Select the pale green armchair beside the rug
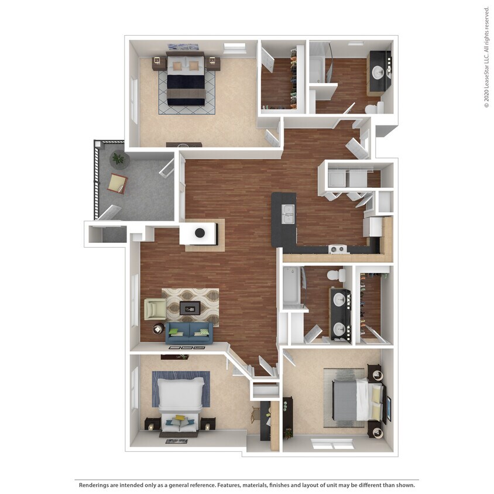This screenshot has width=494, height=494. pos(155,308)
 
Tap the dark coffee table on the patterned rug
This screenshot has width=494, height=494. pos(190,307)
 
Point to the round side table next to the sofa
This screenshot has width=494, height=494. pos(159,329)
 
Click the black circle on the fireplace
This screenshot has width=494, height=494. pos(200,233)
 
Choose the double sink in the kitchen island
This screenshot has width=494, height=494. pos(287,214)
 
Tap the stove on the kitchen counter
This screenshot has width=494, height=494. pos(337,249)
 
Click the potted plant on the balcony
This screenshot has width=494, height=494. pos(119,158)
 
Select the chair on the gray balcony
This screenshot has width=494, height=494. pos(118,184)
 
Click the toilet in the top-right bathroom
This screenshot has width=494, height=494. pos(373,108)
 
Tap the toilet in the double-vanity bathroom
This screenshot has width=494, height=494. pos(335,275)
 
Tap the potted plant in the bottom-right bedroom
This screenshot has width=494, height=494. pos(287,434)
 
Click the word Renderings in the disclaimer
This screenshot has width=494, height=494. pos(94,485)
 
